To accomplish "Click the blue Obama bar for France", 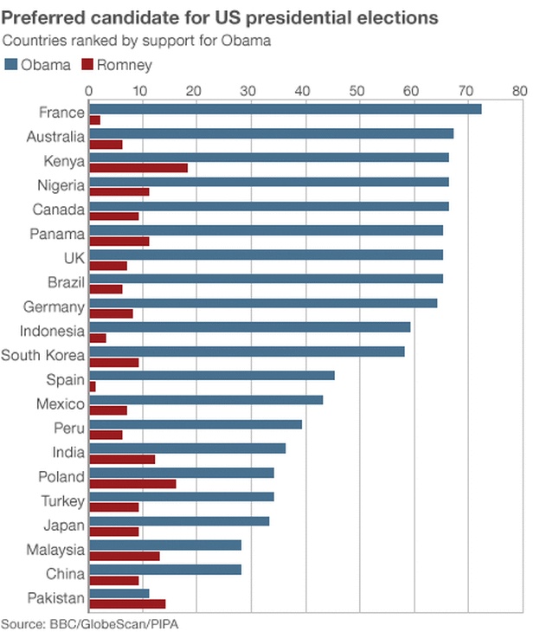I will click(285, 108).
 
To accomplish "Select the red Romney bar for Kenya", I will click(138, 167).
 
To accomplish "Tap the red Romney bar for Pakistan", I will click(127, 603).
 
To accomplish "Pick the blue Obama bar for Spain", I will click(211, 375).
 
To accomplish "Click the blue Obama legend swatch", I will click(10, 64).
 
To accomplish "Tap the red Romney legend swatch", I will click(87, 64).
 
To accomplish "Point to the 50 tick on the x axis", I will click(358, 89).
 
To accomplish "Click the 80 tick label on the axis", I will click(519, 89).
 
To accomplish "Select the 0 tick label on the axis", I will click(89, 89).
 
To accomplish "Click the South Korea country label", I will click(42, 355).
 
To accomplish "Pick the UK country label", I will click(73, 258).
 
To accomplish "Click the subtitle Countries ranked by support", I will click(95, 41).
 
